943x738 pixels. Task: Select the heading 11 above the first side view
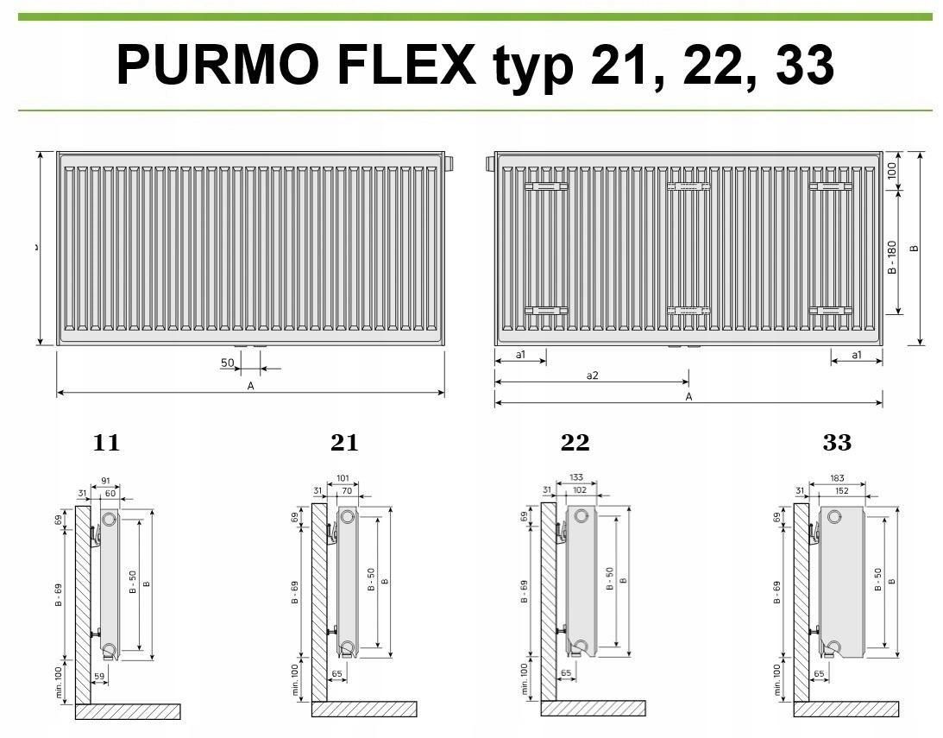pyautogui.click(x=106, y=444)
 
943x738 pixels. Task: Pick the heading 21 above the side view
pyautogui.click(x=344, y=444)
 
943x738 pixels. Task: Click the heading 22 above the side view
pyautogui.click(x=575, y=444)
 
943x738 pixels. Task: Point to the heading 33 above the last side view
pyautogui.click(x=837, y=444)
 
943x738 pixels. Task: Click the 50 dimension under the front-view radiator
pyautogui.click(x=228, y=363)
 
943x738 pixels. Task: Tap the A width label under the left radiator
pyautogui.click(x=251, y=386)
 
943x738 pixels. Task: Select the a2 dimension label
pyautogui.click(x=592, y=375)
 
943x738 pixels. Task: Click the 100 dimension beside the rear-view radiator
pyautogui.click(x=892, y=170)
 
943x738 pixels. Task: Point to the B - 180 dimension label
pyautogui.click(x=892, y=257)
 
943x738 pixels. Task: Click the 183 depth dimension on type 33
pyautogui.click(x=837, y=478)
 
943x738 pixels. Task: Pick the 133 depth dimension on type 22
pyautogui.click(x=577, y=478)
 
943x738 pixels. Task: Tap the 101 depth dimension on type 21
pyautogui.click(x=343, y=478)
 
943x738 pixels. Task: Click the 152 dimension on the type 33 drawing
pyautogui.click(x=841, y=490)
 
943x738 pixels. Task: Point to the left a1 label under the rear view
pyautogui.click(x=520, y=355)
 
